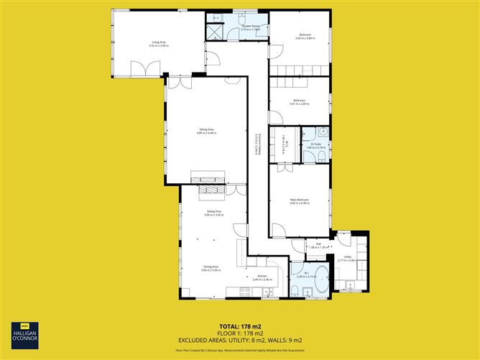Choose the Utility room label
click(347, 257)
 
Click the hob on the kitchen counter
click(244, 291)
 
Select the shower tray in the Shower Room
click(214, 32)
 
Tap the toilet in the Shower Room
click(242, 17)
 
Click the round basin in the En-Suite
click(323, 132)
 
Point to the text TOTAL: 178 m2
click(239, 325)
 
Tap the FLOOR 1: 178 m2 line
click(239, 333)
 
